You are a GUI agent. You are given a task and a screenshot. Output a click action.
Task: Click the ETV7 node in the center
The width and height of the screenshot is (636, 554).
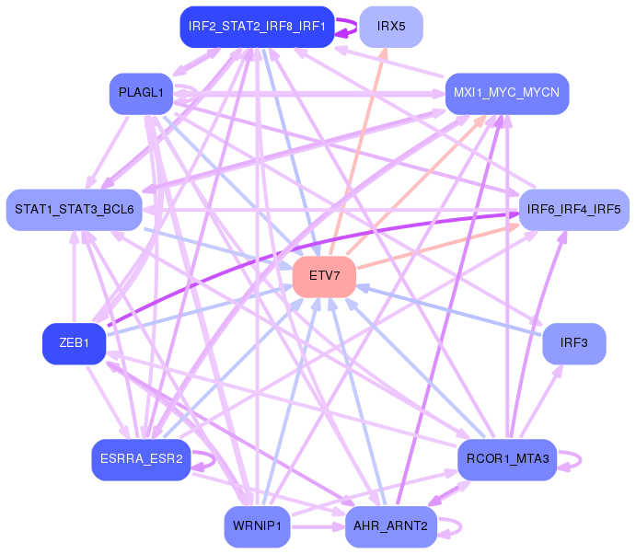pyautogui.click(x=324, y=276)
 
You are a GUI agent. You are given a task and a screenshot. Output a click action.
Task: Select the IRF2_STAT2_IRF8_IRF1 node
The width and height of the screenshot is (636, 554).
pyautogui.click(x=257, y=27)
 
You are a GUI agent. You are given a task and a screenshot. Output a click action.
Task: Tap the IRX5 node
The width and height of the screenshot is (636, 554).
pyautogui.click(x=391, y=27)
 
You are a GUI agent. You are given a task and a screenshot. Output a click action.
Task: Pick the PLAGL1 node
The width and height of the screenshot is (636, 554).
pyautogui.click(x=141, y=93)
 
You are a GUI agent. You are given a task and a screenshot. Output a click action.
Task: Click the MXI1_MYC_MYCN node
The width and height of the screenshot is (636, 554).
pyautogui.click(x=506, y=93)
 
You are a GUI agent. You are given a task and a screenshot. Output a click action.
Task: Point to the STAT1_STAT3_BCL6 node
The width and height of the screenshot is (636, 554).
pyautogui.click(x=74, y=210)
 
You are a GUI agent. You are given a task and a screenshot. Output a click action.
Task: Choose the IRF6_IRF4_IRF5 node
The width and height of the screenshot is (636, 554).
pyautogui.click(x=573, y=210)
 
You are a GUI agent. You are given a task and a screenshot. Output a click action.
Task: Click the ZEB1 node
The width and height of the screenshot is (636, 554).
pyautogui.click(x=74, y=343)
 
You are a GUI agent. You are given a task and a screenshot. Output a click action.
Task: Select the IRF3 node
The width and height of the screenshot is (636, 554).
pyautogui.click(x=573, y=343)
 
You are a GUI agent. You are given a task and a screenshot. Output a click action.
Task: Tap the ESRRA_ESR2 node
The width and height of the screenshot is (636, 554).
pyautogui.click(x=141, y=459)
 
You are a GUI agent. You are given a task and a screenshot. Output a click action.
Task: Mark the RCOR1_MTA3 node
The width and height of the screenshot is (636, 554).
pyautogui.click(x=507, y=459)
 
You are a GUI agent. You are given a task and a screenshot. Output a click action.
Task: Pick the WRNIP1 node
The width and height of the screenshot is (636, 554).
pyautogui.click(x=257, y=526)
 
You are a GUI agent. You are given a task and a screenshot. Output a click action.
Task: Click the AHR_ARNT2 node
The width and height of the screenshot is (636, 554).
pyautogui.click(x=390, y=526)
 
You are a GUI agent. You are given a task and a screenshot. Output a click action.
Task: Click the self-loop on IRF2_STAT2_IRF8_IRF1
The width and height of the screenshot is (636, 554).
pyautogui.click(x=346, y=27)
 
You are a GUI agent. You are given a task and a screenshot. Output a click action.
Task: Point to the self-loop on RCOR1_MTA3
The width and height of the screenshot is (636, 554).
pyautogui.click(x=572, y=459)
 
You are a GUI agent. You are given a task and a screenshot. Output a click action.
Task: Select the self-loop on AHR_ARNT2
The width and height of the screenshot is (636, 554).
pyautogui.click(x=451, y=526)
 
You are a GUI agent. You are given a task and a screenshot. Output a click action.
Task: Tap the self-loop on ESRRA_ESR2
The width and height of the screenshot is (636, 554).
pyautogui.click(x=204, y=459)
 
